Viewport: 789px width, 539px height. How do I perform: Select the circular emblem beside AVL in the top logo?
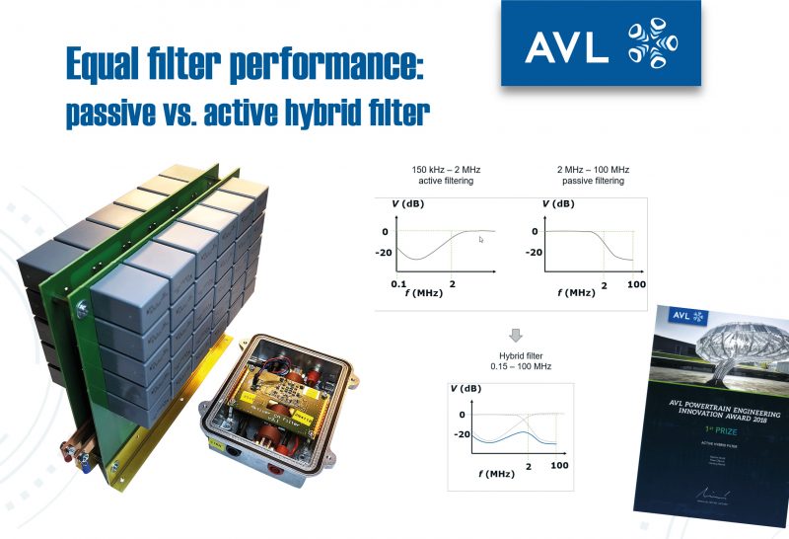[649, 43]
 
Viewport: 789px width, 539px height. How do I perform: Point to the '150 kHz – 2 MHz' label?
[435, 170]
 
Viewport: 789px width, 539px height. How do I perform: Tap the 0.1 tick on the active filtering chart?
[398, 283]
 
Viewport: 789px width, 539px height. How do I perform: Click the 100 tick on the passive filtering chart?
[635, 284]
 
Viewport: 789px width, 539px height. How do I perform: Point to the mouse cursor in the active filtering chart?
[481, 240]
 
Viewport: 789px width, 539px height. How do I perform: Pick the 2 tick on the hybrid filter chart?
[530, 465]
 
